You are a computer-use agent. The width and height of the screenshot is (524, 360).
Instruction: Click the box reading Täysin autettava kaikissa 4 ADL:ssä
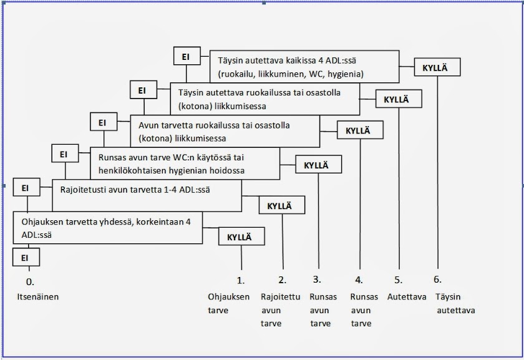click(304, 67)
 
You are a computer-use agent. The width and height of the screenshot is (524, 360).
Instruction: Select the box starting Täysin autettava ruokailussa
click(265, 99)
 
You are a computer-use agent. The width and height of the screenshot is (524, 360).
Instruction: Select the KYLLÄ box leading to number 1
click(241, 237)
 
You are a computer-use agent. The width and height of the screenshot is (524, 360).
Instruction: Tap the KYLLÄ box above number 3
click(319, 165)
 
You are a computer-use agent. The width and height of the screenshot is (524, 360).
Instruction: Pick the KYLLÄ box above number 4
click(360, 130)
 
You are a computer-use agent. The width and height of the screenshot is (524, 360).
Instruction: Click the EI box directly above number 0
click(26, 257)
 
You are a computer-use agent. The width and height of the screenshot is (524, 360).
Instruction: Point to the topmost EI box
click(185, 57)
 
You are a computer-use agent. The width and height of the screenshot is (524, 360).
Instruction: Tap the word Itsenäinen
click(38, 296)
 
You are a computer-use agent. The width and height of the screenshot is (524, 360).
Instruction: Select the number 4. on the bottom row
click(359, 280)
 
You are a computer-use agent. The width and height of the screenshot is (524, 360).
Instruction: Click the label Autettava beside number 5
click(407, 296)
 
